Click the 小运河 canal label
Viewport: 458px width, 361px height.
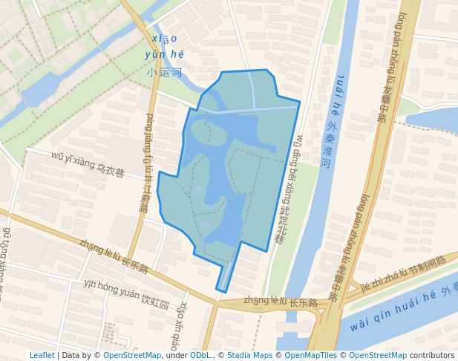(x=165, y=73)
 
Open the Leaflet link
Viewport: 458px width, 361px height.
(x=42, y=355)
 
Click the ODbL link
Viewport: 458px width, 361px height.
(x=200, y=355)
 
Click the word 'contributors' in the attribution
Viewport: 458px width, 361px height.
(x=432, y=355)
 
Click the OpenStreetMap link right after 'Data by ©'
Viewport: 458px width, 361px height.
(x=132, y=355)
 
